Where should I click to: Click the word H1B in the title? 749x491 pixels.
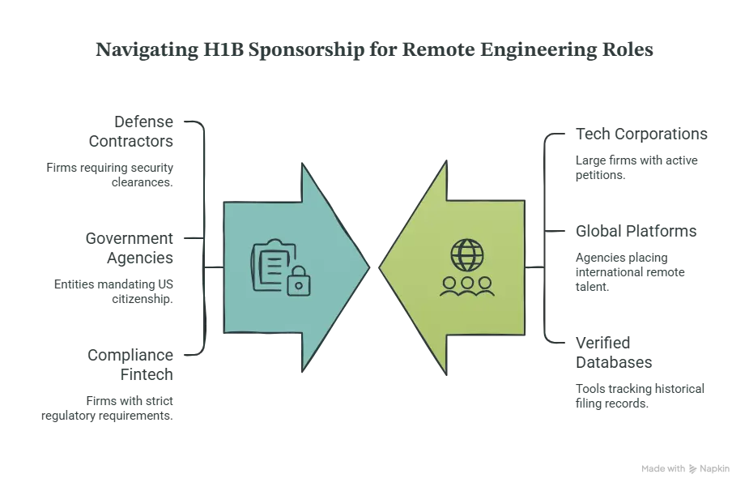[223, 49]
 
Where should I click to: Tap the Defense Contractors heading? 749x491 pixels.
[131, 131]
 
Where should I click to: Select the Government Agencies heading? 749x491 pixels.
[129, 248]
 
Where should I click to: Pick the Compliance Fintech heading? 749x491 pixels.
[130, 365]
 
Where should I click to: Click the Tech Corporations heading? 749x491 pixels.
[641, 134]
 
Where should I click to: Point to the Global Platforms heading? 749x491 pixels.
[636, 232]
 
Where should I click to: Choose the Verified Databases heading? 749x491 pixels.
[614, 352]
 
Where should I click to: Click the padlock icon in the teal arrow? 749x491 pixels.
[299, 282]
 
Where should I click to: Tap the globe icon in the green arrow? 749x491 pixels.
[467, 255]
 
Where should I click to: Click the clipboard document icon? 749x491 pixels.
[271, 264]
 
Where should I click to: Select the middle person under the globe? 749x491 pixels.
[467, 286]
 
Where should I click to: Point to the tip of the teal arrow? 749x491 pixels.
[369, 267]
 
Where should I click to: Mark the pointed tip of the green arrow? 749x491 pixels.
[379, 267]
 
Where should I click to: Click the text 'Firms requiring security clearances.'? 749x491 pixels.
[110, 175]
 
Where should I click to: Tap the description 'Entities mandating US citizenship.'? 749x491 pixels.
[113, 292]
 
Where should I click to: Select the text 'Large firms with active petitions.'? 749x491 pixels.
[636, 168]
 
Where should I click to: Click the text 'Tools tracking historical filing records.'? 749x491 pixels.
[640, 396]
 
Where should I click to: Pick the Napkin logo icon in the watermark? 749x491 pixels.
[692, 469]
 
